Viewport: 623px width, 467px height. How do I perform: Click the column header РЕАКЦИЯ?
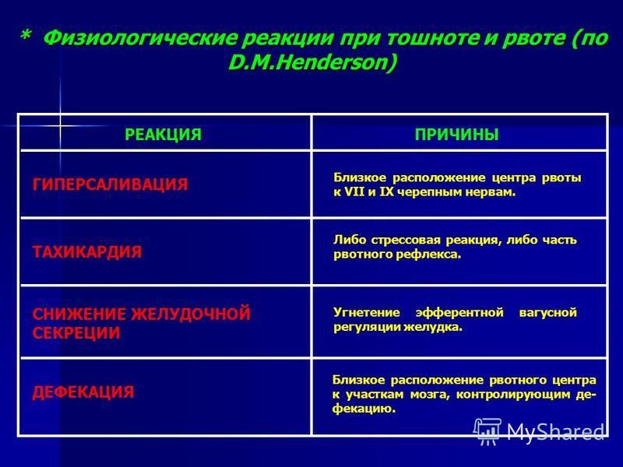[163, 135]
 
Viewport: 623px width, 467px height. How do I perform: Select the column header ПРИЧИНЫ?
[456, 135]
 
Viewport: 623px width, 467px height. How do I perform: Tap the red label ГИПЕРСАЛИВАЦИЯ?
[110, 184]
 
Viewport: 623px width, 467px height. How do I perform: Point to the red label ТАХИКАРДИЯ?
[87, 252]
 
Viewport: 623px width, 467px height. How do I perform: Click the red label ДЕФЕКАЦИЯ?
[83, 392]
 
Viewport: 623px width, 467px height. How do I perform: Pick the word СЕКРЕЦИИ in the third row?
[76, 333]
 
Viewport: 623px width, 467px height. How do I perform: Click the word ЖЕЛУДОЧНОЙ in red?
[191, 314]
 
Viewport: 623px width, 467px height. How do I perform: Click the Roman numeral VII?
[354, 192]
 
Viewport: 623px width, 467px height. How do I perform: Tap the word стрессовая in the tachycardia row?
[406, 241]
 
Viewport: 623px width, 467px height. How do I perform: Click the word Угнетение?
[367, 313]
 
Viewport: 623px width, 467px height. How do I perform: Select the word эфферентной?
[459, 313]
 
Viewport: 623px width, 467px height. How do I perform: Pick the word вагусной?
[548, 313]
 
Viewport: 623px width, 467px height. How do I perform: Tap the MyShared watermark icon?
[487, 431]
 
